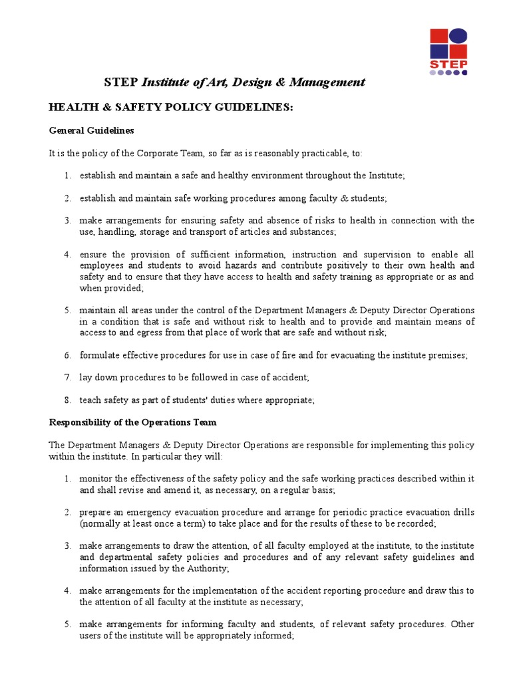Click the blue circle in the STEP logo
[x=459, y=37]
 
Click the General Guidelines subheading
[x=92, y=130]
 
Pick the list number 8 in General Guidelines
[x=67, y=400]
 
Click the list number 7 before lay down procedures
[x=67, y=378]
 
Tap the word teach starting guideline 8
[x=90, y=400]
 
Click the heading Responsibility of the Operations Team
[x=132, y=422]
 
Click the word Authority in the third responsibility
[x=209, y=569]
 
